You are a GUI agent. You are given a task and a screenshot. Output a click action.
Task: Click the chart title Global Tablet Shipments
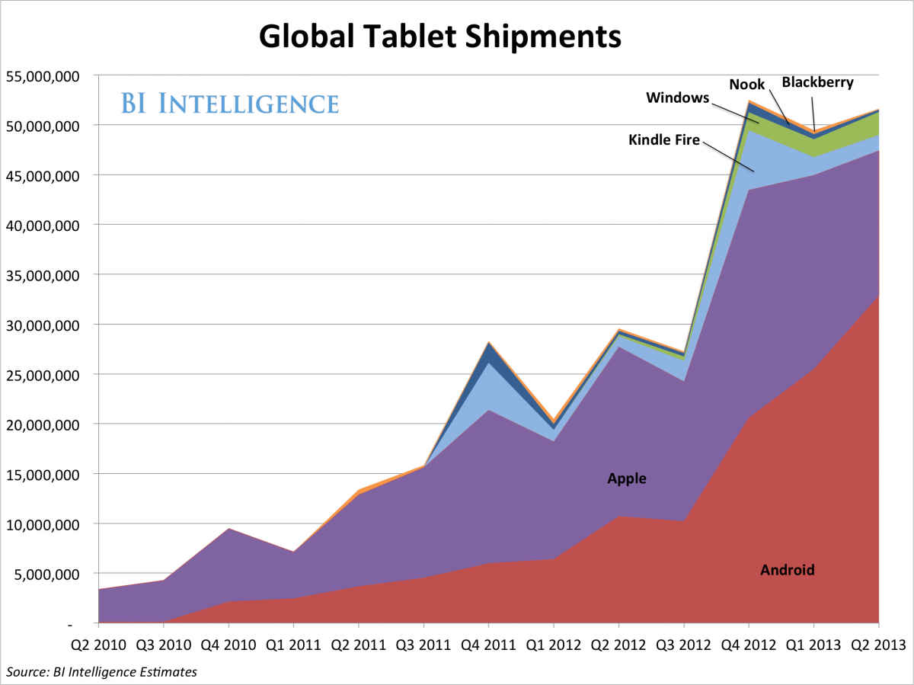tap(440, 35)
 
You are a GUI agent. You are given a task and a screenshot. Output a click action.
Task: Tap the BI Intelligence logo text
tap(228, 103)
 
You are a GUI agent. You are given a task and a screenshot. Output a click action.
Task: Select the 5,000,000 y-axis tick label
tap(50, 574)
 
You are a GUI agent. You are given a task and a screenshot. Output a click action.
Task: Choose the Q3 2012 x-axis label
tap(682, 644)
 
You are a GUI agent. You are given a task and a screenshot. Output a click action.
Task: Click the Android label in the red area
tap(788, 570)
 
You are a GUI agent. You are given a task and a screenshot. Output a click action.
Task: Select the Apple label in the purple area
tap(626, 479)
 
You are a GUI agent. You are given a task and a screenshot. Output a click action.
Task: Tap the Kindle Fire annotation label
tap(664, 139)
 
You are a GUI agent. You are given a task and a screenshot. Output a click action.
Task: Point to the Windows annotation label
tap(677, 98)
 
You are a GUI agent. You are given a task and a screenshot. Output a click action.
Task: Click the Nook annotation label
tap(746, 84)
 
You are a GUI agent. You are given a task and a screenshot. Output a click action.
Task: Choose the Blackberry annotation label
tap(817, 82)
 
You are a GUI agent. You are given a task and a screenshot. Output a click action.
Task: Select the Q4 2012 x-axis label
tap(748, 644)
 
